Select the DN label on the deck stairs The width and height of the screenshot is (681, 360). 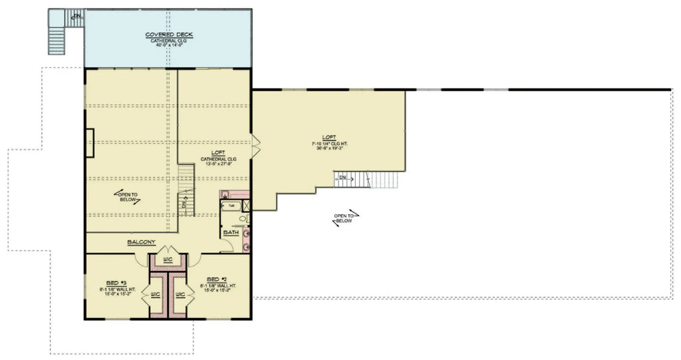(x=77, y=15)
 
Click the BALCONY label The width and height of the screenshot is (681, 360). (x=141, y=242)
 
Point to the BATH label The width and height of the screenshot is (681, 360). (x=231, y=232)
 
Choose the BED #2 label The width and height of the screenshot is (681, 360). (x=217, y=279)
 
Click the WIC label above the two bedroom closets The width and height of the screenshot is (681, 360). (x=168, y=259)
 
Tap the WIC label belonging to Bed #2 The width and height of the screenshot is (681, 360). (x=180, y=293)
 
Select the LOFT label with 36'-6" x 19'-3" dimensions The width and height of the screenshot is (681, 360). (x=325, y=136)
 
